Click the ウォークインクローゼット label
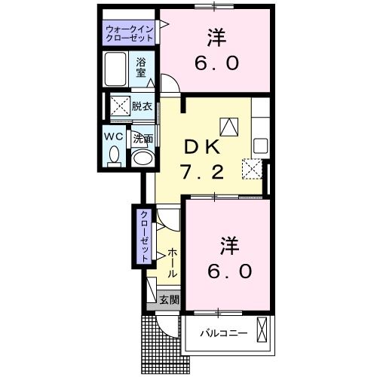pos(129,33)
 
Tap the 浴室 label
pos(141,67)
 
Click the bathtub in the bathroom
pos(115,69)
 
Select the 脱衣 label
pos(142,106)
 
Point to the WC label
pos(114,136)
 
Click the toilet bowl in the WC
pos(114,155)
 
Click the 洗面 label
pos(143,139)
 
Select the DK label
pos(202,148)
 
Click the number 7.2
pos(203,173)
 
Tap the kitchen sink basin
pos(261,146)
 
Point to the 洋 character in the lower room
pos(229,246)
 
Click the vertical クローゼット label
pos(144,237)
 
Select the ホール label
pos(172,262)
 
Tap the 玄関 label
pos(170,299)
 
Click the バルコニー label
pos(224,333)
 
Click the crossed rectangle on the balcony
pos(262,329)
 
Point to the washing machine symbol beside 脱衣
pos(121,106)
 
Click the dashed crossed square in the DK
pos(252,169)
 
